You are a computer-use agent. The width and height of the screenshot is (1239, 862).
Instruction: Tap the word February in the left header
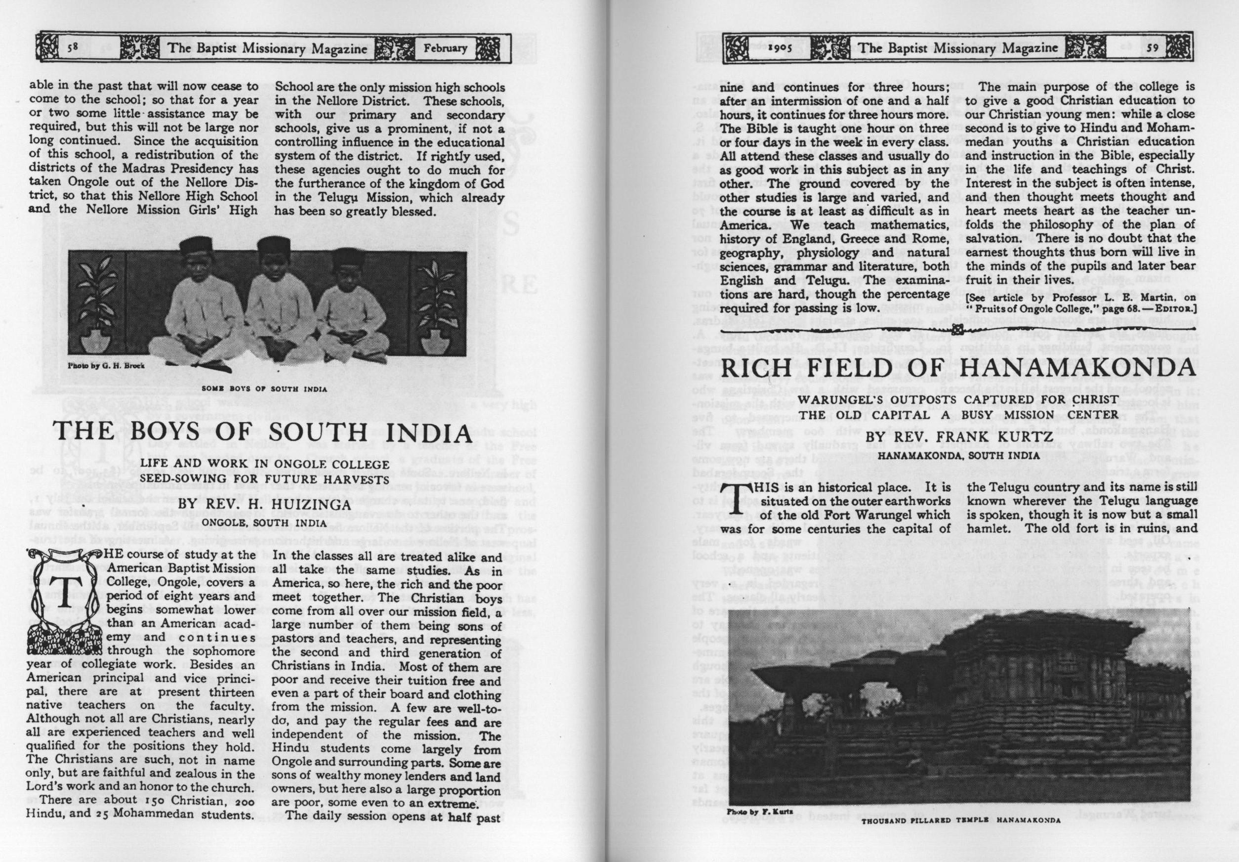(445, 47)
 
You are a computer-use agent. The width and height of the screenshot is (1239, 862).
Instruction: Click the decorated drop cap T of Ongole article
(64, 594)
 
